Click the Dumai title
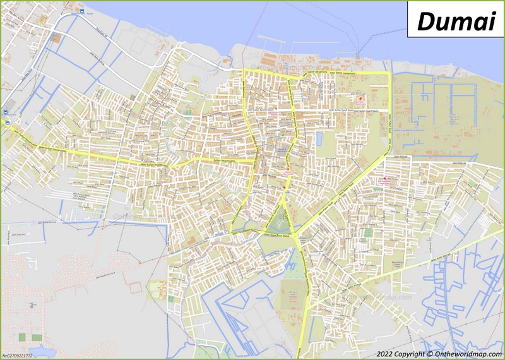pyautogui.click(x=455, y=21)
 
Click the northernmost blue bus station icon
pyautogui.click(x=80, y=11)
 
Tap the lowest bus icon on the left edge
pyautogui.click(x=7, y=121)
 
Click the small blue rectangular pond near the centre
pyautogui.click(x=319, y=137)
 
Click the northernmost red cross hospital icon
pyautogui.click(x=360, y=100)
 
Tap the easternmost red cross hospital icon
pyautogui.click(x=385, y=180)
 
